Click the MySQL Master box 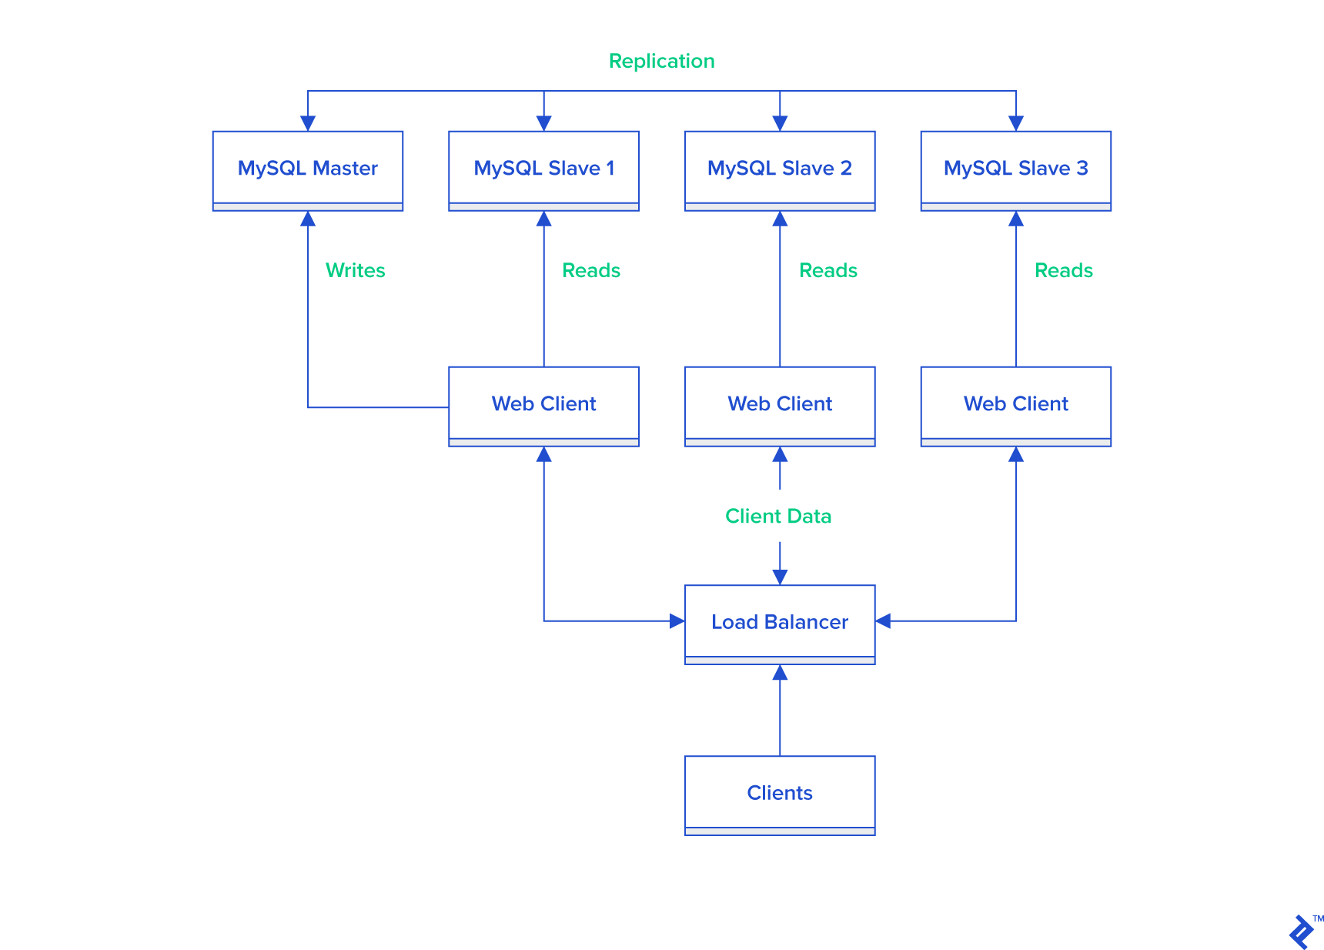click(307, 169)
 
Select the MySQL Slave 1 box click(543, 169)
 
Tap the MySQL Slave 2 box click(779, 169)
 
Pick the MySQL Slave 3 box click(1015, 169)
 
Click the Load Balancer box click(779, 622)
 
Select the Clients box click(779, 793)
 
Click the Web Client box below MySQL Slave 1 click(543, 404)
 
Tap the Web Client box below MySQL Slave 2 click(779, 404)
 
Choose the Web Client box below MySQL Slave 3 click(1015, 404)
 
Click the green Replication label click(661, 61)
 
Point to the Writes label click(355, 270)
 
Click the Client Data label click(778, 516)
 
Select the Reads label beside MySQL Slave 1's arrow click(590, 270)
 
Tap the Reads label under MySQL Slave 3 click(1063, 270)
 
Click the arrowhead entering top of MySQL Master click(308, 123)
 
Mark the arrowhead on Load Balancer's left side click(677, 621)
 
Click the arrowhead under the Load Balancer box click(780, 673)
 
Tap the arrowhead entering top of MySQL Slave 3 click(1015, 123)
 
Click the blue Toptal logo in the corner click(1302, 932)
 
